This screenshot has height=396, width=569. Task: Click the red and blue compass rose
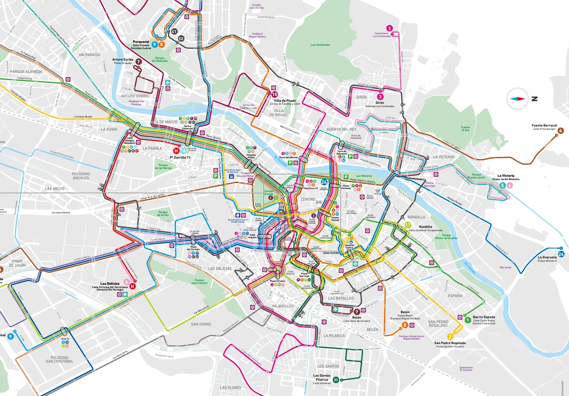point(518,99)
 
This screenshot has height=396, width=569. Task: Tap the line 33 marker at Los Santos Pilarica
point(336,380)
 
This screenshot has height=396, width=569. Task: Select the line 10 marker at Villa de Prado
point(274,94)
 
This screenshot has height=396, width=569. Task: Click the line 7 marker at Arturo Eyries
point(139,61)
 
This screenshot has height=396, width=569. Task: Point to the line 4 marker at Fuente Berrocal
point(560,131)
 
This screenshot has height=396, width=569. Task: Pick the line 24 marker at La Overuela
point(561,254)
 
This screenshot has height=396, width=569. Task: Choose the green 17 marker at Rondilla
point(408,225)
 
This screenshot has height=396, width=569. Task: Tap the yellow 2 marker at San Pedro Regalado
point(450,337)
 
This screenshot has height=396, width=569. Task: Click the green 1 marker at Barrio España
point(468,320)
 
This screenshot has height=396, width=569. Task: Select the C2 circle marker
point(181,39)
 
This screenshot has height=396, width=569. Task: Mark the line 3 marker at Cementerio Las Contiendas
point(389,28)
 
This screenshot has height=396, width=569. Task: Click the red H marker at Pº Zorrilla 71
point(176,151)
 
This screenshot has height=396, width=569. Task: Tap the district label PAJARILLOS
point(283,306)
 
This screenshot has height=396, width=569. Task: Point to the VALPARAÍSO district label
point(89,55)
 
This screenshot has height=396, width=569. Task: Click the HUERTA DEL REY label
point(341,129)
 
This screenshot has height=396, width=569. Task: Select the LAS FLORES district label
point(231,388)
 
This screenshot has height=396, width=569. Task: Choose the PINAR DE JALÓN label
point(17,263)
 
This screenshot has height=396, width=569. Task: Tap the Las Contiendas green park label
point(320,45)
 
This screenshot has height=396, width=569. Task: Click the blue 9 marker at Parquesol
point(155,45)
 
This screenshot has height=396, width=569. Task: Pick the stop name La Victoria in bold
point(506,176)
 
